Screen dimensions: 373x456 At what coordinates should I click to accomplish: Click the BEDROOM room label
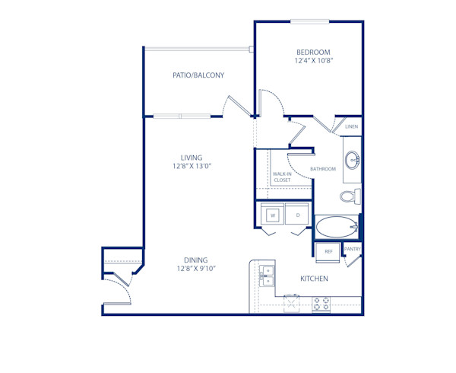tap(313, 52)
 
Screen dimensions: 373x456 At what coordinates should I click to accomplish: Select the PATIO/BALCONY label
tap(198, 75)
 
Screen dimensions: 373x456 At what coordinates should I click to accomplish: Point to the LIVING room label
tap(181, 158)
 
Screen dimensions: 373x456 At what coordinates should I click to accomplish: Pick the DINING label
tap(195, 260)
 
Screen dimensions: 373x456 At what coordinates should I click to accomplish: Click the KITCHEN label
tap(314, 279)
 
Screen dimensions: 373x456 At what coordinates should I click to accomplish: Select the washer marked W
tap(271, 216)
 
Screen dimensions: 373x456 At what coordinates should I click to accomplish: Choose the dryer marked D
tap(298, 216)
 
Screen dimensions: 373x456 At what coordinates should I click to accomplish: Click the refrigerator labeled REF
tap(328, 251)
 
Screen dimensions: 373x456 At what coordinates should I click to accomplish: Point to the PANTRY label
tap(353, 249)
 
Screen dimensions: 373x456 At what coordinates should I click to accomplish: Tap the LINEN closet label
tap(351, 127)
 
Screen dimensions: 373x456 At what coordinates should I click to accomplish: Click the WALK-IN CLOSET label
tap(282, 177)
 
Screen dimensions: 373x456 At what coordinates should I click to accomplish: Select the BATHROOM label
tap(323, 169)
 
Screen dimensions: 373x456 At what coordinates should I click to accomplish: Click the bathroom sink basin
tap(353, 161)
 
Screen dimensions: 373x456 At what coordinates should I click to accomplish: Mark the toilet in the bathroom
tap(350, 197)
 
